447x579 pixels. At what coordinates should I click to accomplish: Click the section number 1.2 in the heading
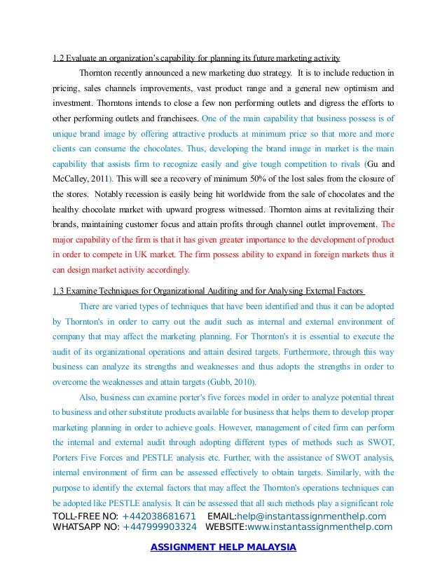pyautogui.click(x=59, y=57)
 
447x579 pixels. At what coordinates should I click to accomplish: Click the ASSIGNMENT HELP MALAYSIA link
pyautogui.click(x=224, y=547)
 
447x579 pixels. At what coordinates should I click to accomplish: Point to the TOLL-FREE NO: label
pyautogui.click(x=85, y=517)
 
